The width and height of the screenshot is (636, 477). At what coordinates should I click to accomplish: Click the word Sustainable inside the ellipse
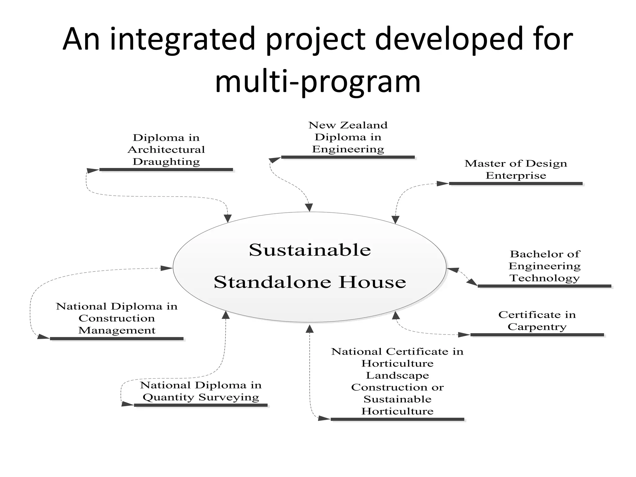click(310, 250)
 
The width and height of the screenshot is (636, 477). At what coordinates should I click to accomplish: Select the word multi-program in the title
click(318, 82)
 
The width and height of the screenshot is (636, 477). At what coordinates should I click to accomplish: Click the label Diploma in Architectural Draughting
click(166, 150)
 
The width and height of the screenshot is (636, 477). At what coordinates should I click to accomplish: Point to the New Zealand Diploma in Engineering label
click(348, 137)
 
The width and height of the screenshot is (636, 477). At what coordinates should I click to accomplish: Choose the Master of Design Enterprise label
click(516, 170)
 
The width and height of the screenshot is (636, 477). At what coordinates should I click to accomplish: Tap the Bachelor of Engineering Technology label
click(544, 266)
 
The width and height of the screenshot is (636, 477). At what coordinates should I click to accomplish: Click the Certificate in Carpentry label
click(537, 321)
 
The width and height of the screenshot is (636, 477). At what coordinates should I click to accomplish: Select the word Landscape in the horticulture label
click(397, 375)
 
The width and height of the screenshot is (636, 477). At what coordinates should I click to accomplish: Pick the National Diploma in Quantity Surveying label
click(201, 391)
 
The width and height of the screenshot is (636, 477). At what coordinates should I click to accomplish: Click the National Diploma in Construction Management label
click(116, 318)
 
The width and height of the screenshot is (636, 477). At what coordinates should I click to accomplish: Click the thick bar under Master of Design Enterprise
click(516, 184)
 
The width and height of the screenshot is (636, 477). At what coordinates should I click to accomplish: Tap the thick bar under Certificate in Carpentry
click(537, 335)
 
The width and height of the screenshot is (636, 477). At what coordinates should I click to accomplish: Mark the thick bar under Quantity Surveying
click(201, 405)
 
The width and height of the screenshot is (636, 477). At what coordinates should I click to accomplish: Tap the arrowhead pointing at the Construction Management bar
click(43, 337)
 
